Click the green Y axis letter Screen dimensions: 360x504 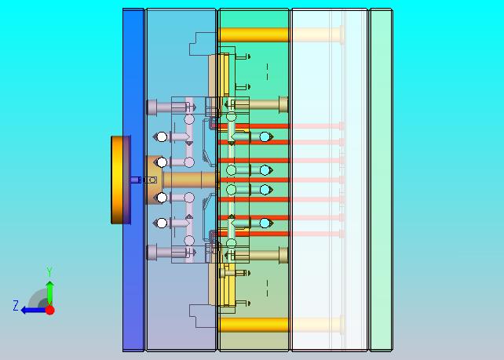tap(49, 272)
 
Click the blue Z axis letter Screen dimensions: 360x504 tap(15, 306)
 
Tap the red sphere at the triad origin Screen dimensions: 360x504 tap(49, 310)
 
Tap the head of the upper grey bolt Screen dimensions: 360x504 tap(152, 107)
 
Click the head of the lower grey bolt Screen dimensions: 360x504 tap(152, 253)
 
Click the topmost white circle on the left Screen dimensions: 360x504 tap(161, 136)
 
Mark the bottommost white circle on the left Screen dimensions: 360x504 tap(161, 224)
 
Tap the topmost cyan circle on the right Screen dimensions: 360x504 tap(265, 137)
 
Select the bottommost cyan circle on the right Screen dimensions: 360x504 tap(265, 224)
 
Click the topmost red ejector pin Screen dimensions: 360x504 tap(259, 125)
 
